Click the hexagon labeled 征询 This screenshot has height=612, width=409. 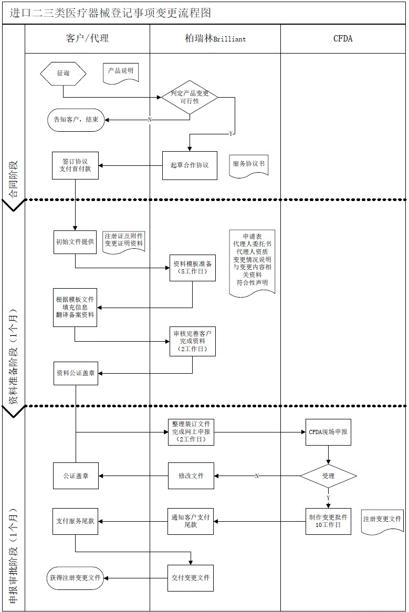click(63, 73)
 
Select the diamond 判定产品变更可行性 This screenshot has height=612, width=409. click(190, 97)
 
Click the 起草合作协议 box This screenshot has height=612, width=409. click(190, 165)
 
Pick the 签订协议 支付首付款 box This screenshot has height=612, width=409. click(76, 165)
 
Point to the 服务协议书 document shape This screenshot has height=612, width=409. click(249, 164)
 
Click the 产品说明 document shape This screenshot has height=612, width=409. click(121, 72)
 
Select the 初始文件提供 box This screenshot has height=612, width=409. click(76, 242)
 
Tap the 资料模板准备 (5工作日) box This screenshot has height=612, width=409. click(192, 268)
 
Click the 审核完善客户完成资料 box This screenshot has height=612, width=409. click(192, 341)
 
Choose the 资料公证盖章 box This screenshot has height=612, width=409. click(76, 373)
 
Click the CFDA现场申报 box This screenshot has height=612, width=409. click(328, 432)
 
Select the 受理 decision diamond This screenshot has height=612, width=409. click(328, 476)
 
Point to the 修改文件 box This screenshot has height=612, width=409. click(191, 476)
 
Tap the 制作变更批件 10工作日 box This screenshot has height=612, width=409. click(328, 521)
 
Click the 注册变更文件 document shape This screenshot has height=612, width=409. click(383, 520)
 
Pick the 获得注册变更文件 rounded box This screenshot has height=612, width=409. click(76, 577)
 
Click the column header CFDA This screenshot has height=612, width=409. click(343, 38)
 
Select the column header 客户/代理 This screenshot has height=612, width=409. click(88, 38)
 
